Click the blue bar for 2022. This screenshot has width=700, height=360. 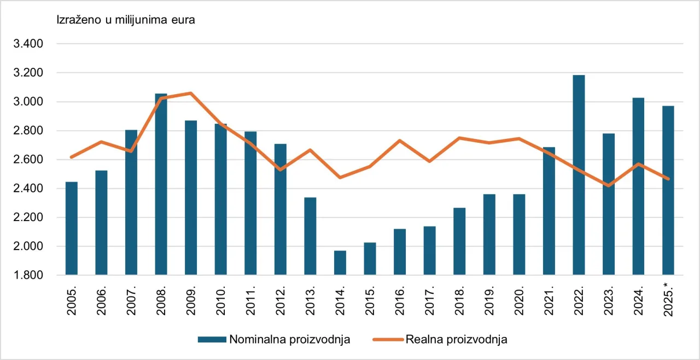(579, 175)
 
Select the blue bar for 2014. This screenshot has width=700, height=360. (340, 263)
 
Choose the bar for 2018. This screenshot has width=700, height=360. (459, 241)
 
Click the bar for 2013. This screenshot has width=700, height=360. (310, 236)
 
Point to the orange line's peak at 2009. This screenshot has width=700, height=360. (190, 94)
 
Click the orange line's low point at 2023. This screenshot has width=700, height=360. (608, 185)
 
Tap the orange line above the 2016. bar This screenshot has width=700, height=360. (400, 141)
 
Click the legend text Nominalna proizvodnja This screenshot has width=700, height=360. (290, 340)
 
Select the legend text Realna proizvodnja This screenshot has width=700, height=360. (457, 340)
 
